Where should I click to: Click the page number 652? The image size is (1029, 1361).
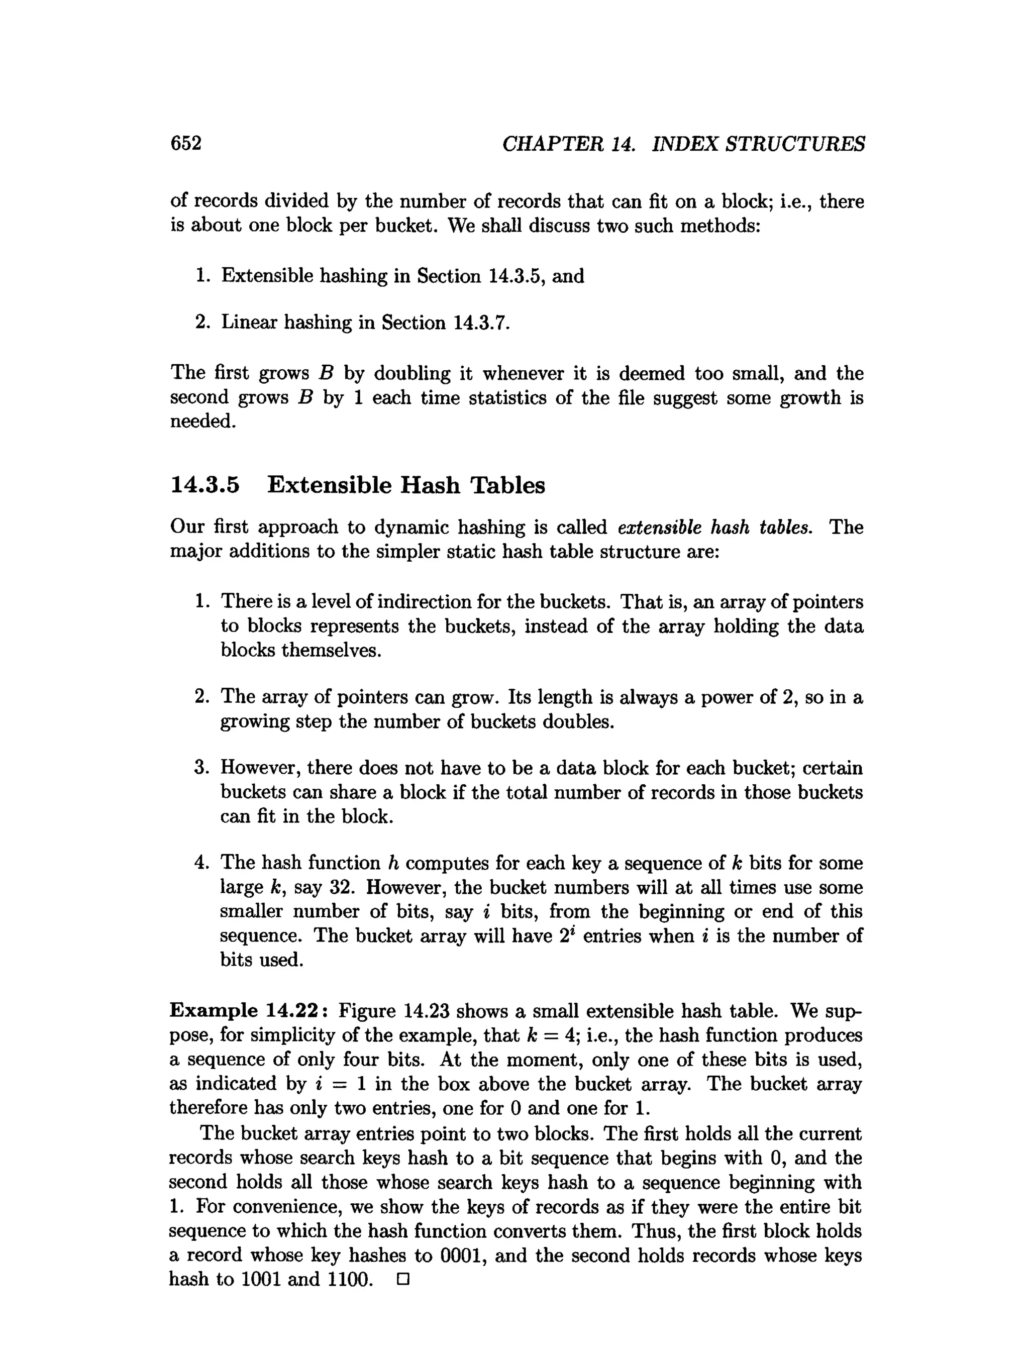click(x=186, y=143)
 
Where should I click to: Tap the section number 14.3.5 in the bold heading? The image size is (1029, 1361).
click(x=204, y=485)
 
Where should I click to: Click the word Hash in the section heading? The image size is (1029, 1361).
click(x=430, y=485)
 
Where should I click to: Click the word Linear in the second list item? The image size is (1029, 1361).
click(x=249, y=323)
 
